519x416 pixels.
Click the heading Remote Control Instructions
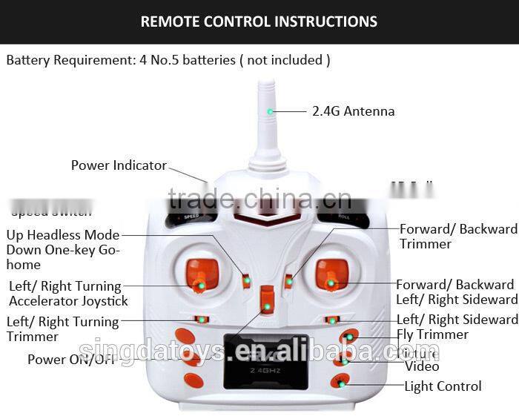point(259,22)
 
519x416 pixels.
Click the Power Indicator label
point(119,165)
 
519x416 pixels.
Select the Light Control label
point(443,386)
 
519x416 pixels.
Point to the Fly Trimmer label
point(432,334)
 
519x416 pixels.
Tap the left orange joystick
point(202,274)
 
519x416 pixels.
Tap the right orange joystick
point(331,274)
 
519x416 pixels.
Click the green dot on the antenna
point(271,112)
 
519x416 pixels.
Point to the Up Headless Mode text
point(63,235)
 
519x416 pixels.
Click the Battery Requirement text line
point(168,60)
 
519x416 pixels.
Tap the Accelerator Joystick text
point(68,301)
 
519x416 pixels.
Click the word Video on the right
point(422,366)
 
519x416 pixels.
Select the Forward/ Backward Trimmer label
point(458,236)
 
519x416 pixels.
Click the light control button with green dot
point(340,383)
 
